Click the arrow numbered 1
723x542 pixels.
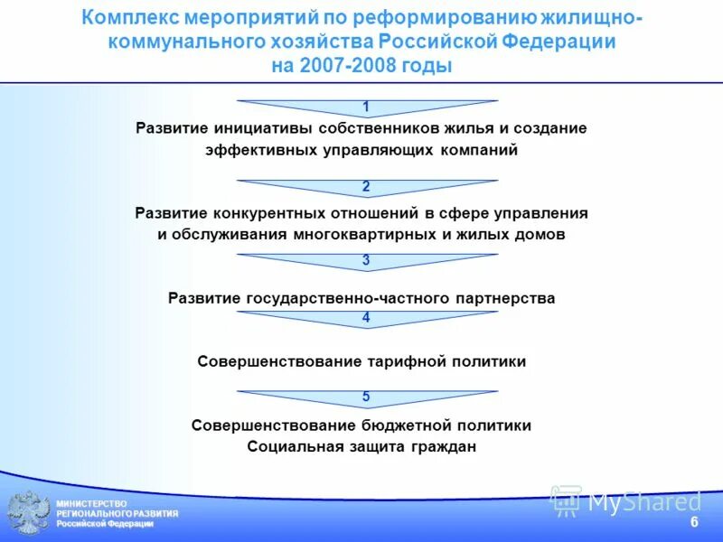click(366, 107)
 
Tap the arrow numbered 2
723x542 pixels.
click(366, 187)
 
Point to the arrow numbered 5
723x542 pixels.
click(366, 397)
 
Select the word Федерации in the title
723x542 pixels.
click(560, 42)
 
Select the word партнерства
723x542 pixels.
click(505, 297)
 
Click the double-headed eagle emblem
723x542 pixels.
click(28, 512)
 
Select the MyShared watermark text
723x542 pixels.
click(643, 501)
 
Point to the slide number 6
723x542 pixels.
click(694, 523)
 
